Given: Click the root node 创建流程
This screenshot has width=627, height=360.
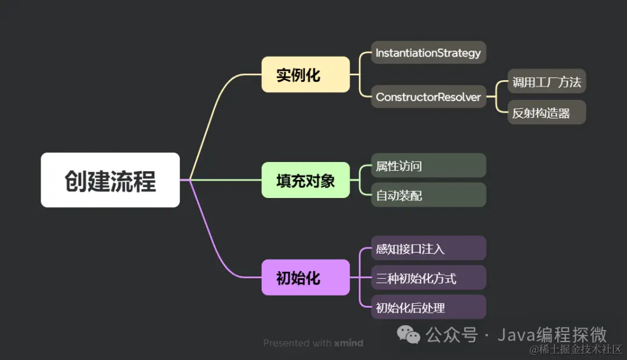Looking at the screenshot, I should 110,180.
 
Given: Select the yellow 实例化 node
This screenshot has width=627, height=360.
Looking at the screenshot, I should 305,74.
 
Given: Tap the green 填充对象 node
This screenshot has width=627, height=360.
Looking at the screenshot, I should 305,180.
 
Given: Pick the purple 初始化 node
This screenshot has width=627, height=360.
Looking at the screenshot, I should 305,277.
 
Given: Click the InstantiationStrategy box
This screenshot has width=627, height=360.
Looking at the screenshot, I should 428,53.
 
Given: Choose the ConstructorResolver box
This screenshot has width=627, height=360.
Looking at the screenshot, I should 428,97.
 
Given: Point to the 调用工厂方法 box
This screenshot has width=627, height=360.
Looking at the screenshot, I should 546,82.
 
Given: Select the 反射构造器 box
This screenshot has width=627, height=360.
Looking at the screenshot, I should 546,113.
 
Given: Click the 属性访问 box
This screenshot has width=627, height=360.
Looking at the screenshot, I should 428,166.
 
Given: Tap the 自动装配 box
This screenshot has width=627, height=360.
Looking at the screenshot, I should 428,196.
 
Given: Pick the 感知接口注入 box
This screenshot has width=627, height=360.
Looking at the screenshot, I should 428,249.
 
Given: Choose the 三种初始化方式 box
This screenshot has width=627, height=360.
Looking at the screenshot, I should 428,278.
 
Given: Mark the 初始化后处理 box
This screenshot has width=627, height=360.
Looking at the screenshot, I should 428,308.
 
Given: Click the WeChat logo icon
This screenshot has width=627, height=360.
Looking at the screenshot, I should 408,334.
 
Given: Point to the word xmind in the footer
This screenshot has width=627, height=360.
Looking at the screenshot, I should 349,343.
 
